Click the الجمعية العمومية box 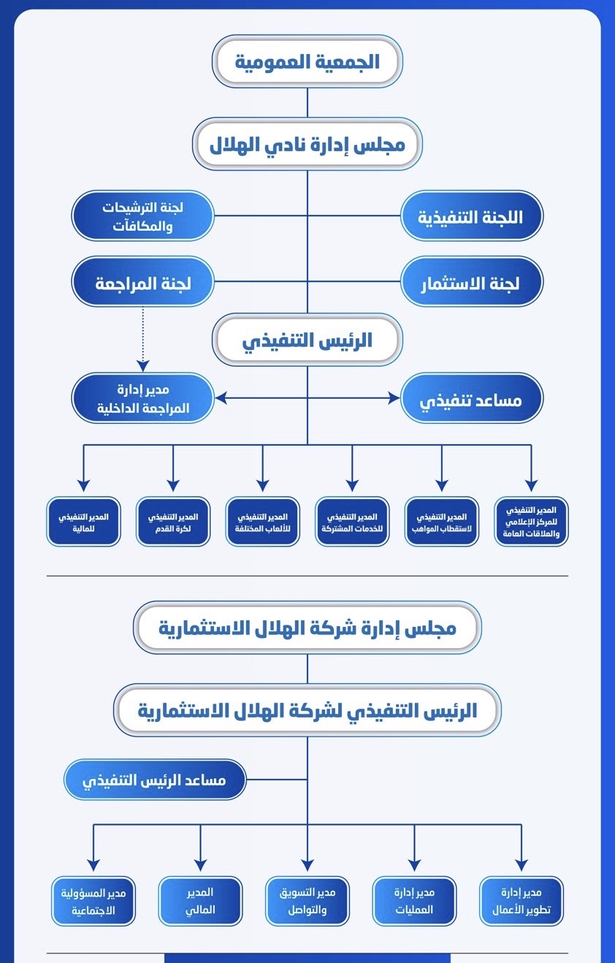(x=307, y=61)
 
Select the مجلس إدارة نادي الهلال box (x=307, y=144)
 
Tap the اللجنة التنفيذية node (x=471, y=216)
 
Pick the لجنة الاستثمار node (x=471, y=281)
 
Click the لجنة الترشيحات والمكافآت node (x=142, y=216)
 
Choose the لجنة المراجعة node (x=142, y=281)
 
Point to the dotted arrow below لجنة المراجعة (x=142, y=339)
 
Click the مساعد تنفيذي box (x=471, y=398)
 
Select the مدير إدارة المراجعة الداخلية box (x=142, y=398)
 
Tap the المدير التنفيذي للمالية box (x=83, y=522)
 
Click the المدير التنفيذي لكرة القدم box (x=173, y=522)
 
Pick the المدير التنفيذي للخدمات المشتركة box (x=352, y=522)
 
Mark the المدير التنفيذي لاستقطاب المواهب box (x=442, y=522)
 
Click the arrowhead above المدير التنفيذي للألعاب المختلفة (x=263, y=486)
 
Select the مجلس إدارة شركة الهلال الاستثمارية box (x=307, y=628)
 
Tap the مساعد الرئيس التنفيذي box (x=155, y=780)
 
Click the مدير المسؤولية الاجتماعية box (x=93, y=901)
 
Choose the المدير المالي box (x=200, y=901)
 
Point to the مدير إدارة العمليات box (x=414, y=901)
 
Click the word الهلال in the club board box (x=229, y=145)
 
